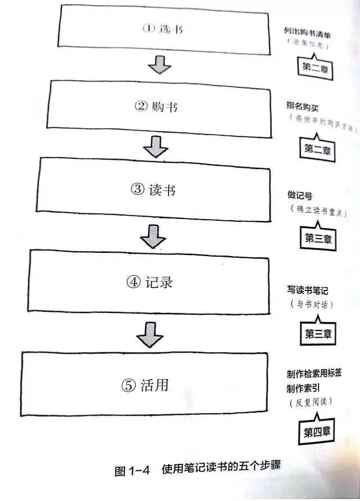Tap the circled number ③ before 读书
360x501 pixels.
[138, 190]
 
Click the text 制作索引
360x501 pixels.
[304, 388]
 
